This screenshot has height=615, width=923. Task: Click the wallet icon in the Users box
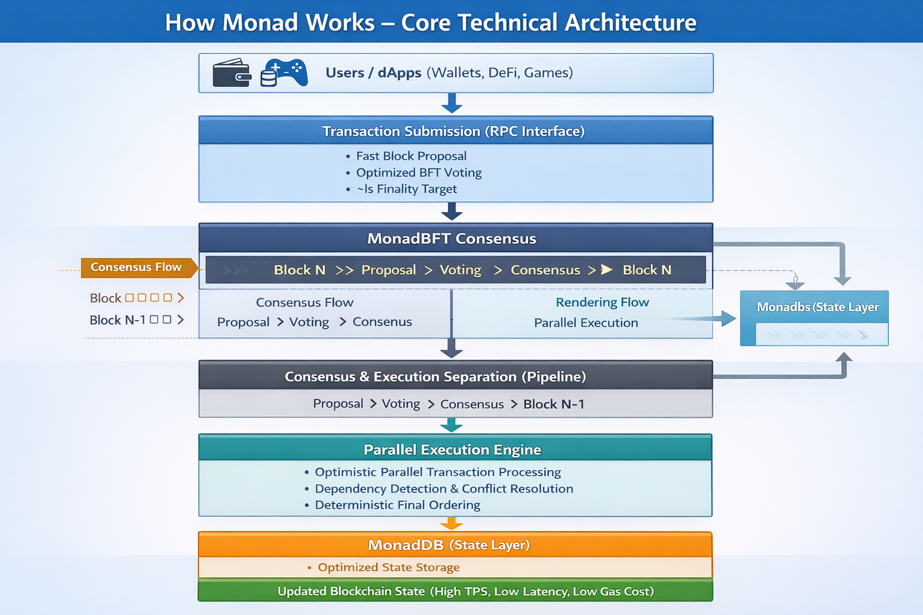click(x=232, y=73)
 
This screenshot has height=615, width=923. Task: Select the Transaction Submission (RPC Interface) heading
click(x=453, y=131)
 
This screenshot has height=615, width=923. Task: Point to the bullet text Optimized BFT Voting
click(x=419, y=172)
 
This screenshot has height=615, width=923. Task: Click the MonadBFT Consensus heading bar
click(x=452, y=238)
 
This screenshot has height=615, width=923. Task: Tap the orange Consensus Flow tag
click(x=136, y=267)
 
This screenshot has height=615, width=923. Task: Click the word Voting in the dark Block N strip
click(x=460, y=270)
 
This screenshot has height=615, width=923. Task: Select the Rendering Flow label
click(x=602, y=302)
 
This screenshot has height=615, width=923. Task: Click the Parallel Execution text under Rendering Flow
click(x=586, y=323)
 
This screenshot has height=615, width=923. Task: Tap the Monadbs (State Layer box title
click(x=817, y=307)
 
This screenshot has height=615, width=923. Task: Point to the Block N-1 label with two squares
click(x=118, y=320)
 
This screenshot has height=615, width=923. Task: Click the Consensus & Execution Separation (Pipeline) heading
click(x=435, y=377)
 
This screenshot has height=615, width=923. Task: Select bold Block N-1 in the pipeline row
click(x=553, y=404)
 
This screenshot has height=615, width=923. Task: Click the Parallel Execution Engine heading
click(x=452, y=449)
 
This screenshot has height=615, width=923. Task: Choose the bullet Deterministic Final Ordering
click(x=397, y=505)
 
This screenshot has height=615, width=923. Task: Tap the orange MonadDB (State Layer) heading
click(x=449, y=545)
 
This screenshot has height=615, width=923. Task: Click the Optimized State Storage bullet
click(x=388, y=568)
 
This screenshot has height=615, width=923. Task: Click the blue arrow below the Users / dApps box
click(x=451, y=103)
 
